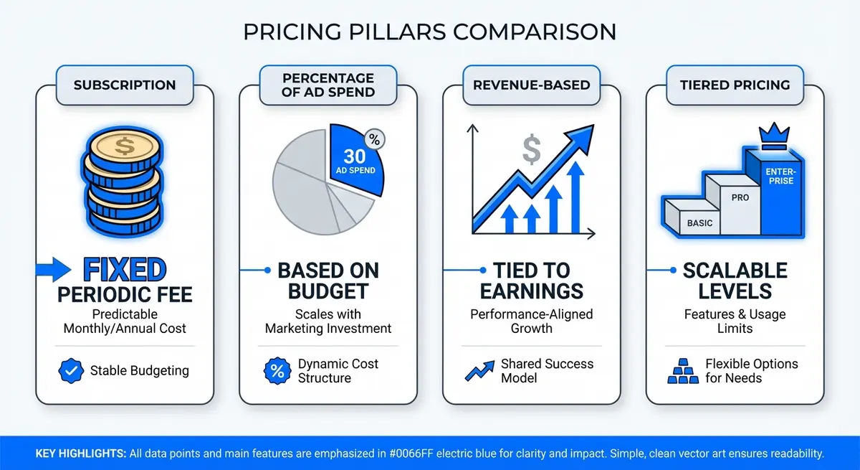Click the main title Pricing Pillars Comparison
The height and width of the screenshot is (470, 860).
(x=429, y=32)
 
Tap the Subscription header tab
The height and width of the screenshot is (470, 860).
(x=125, y=85)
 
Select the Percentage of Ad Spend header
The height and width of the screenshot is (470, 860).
(x=328, y=85)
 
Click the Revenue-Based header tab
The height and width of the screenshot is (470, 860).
(x=531, y=85)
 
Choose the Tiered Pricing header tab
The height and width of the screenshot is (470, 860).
(x=735, y=85)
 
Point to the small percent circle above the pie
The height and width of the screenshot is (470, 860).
(x=374, y=139)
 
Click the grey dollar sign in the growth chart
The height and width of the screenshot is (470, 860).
(x=532, y=149)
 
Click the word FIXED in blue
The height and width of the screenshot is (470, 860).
(x=125, y=271)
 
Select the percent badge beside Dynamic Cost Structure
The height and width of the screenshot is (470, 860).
(x=276, y=371)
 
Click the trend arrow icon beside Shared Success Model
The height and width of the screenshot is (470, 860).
(x=477, y=371)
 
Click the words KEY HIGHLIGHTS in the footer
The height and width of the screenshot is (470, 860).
(x=80, y=453)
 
